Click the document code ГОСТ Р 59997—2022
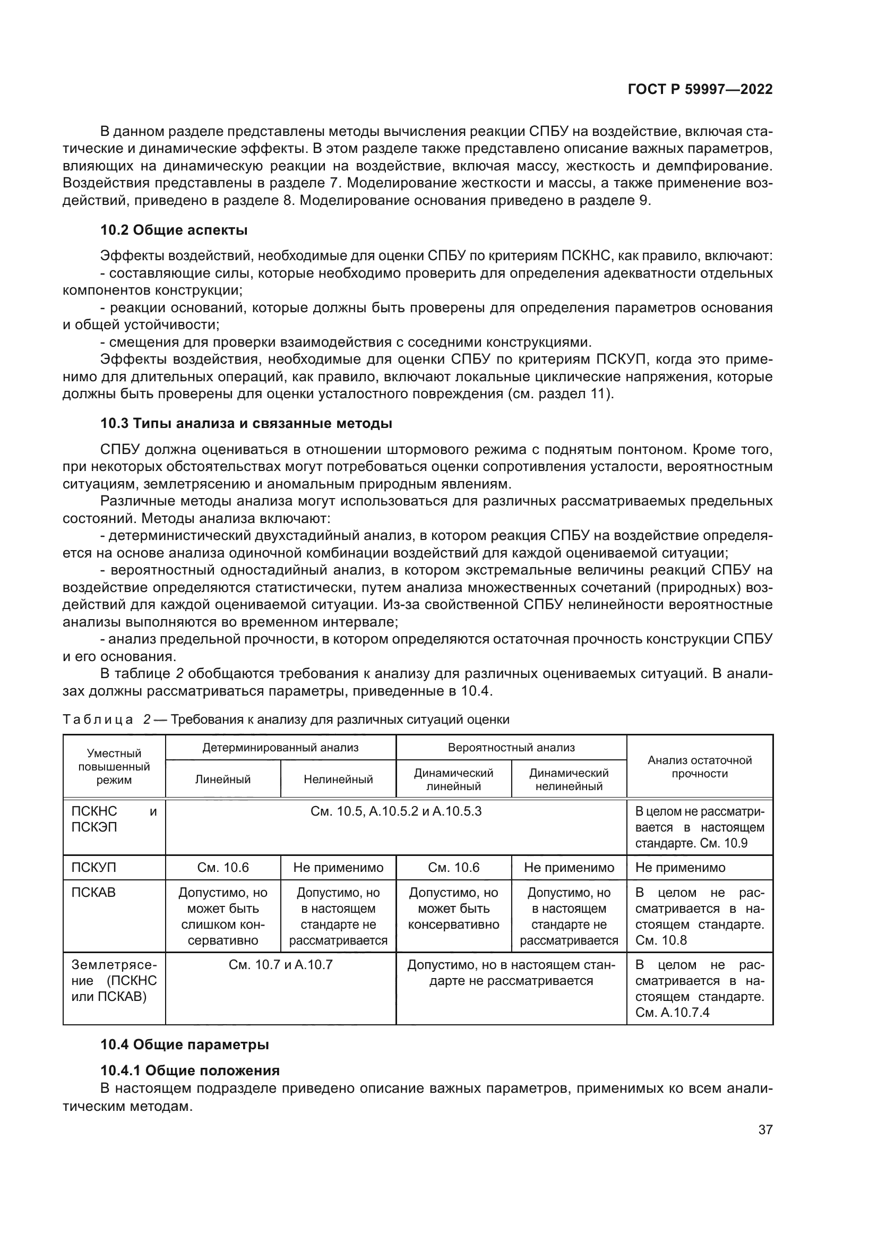(x=700, y=89)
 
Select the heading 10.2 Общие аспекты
(x=174, y=230)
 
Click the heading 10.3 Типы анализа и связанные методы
(x=246, y=423)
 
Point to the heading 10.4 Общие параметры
(x=184, y=1044)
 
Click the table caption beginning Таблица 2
(x=286, y=719)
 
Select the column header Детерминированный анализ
(x=280, y=748)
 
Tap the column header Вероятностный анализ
(x=511, y=748)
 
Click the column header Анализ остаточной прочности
(x=699, y=767)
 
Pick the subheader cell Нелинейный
(x=338, y=779)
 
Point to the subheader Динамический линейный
(x=453, y=779)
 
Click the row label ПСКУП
(x=93, y=868)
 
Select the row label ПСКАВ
(x=93, y=893)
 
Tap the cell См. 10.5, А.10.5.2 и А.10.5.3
(x=395, y=811)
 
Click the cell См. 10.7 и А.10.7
(x=280, y=964)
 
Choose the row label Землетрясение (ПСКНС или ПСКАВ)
(x=114, y=980)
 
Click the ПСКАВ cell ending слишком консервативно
(x=222, y=916)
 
